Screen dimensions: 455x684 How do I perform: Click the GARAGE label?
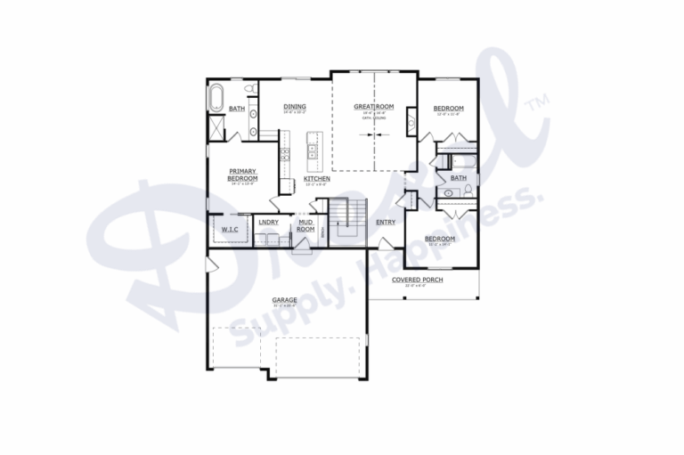point(285,301)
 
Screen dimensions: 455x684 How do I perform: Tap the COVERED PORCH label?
point(417,280)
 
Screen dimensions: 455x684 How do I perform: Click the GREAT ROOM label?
point(372,108)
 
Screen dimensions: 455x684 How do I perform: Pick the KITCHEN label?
point(317,179)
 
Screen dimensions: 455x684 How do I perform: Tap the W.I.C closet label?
point(229,231)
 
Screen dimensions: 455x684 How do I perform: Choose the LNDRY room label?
point(268,222)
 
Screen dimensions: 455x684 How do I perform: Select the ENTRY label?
point(386,223)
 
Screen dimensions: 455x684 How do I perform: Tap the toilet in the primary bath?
point(252,90)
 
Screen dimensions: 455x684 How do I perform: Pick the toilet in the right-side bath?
point(442,191)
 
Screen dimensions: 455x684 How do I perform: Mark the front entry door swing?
point(385,243)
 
